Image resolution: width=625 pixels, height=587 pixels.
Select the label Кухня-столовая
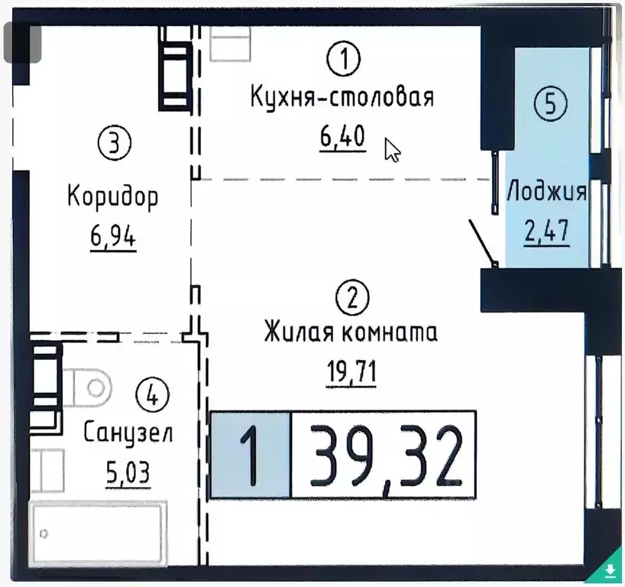coord(342,98)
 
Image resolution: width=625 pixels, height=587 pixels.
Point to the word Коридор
coord(113,196)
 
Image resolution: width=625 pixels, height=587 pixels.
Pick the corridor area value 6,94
coord(113,237)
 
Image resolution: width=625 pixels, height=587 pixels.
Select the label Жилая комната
coord(351,334)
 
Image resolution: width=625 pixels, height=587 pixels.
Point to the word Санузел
coord(128,433)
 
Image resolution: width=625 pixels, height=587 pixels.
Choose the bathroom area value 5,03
coord(128,472)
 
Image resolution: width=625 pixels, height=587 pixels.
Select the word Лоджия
coord(547,191)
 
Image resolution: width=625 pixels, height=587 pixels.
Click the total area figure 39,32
coord(384,454)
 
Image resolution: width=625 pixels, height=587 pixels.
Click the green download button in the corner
coord(610,571)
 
